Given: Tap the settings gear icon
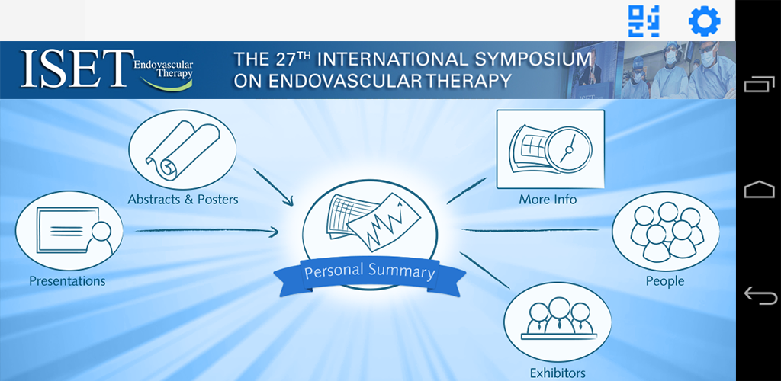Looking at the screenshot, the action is [704, 21].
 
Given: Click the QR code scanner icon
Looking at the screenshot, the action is [644, 21].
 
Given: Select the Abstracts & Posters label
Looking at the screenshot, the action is [183, 200].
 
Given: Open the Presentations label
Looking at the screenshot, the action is [67, 281].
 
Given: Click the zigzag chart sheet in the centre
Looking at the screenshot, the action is [384, 220].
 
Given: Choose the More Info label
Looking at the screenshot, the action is [548, 200].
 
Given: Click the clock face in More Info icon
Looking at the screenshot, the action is [568, 149].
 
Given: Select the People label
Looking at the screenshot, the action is [665, 281].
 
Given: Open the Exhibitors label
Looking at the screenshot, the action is [558, 373].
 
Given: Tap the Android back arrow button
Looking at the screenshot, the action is [760, 296].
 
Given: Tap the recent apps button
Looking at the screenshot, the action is [760, 85].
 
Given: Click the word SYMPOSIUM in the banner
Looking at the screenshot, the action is [531, 59].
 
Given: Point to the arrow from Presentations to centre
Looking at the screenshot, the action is [207, 230].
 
